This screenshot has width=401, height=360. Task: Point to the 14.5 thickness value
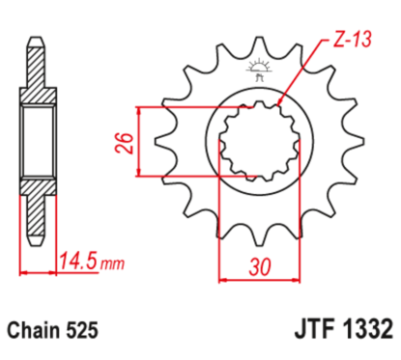(x=81, y=259)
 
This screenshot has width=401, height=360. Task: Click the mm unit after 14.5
(x=114, y=261)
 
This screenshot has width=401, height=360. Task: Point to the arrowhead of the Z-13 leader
(x=281, y=101)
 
